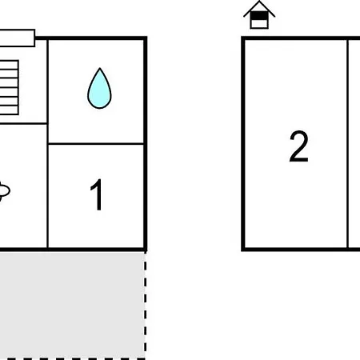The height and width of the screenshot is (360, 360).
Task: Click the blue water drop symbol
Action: point(99,89)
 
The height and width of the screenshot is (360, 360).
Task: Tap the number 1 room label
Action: point(97,194)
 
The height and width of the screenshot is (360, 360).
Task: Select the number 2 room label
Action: point(298,146)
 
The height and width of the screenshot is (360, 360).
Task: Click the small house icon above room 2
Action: point(259,14)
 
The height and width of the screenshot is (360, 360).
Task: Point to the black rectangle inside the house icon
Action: point(259,16)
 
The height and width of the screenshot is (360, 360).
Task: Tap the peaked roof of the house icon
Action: point(259,8)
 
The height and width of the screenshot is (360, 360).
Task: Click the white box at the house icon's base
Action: point(259,24)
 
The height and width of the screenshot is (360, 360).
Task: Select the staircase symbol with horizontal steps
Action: point(9,88)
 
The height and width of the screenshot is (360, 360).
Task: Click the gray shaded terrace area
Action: point(72,305)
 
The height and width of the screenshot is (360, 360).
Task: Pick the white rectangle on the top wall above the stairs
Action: point(18,38)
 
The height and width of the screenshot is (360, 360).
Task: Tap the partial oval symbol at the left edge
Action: point(5,191)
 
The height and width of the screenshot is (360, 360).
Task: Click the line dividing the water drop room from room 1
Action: point(96,144)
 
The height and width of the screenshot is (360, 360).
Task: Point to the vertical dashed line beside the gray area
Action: point(146,305)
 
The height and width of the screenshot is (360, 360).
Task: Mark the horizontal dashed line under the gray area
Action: point(73,359)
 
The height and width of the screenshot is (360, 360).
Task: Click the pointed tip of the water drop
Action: point(100,68)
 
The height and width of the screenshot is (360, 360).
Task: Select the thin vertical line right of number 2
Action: point(347,144)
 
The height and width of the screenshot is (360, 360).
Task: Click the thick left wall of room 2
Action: point(243,144)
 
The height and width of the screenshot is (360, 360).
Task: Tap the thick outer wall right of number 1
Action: point(146,144)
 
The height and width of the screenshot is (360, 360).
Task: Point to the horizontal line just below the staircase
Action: point(23,123)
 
